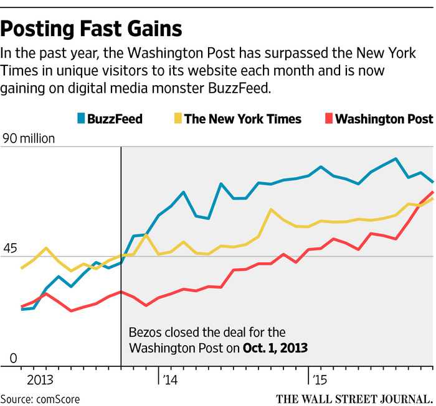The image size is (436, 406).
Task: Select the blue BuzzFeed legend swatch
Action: pyautogui.click(x=80, y=119)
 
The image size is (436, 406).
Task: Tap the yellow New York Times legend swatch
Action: pyautogui.click(x=176, y=119)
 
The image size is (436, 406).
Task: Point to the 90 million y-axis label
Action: pyautogui.click(x=29, y=139)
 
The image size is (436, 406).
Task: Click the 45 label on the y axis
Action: pyautogui.click(x=10, y=249)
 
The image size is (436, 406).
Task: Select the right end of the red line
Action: pyautogui.click(x=433, y=191)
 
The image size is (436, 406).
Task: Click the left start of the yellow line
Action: pyautogui.click(x=22, y=268)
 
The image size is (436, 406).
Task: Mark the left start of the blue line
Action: pyautogui.click(x=22, y=308)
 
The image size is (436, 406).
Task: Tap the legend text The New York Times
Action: pyautogui.click(x=243, y=119)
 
